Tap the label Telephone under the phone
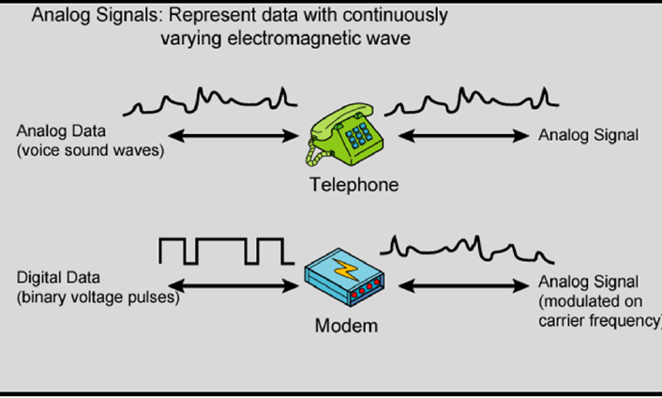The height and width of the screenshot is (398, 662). coord(354,185)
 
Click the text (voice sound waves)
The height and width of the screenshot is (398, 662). coord(89,148)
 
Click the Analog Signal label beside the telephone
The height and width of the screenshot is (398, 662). coord(588,135)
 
